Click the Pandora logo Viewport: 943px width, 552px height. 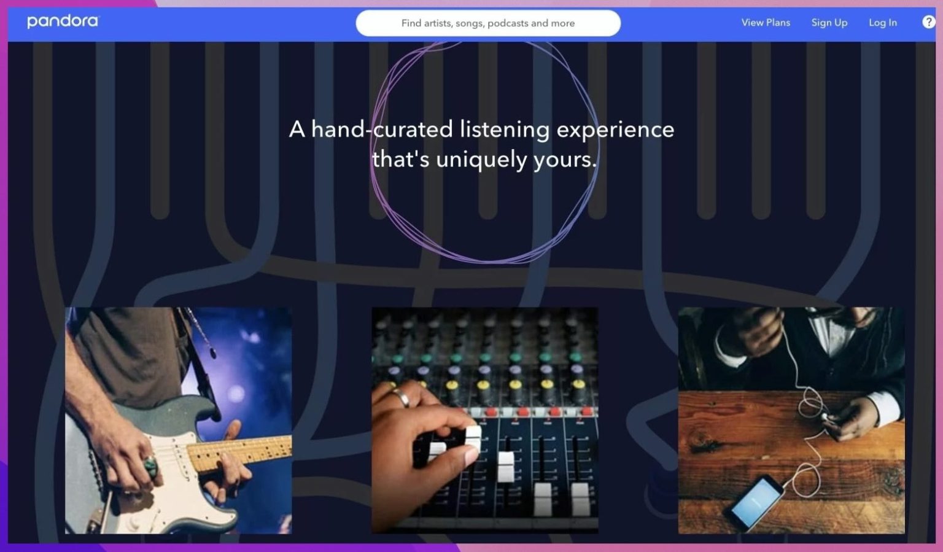[63, 21]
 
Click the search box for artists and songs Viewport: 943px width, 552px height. [488, 23]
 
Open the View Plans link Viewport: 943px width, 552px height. [766, 23]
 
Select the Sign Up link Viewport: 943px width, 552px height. [829, 23]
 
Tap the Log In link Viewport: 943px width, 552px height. [882, 23]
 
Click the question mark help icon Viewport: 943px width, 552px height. [928, 22]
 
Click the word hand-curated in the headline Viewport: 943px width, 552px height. [382, 129]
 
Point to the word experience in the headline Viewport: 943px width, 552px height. [615, 130]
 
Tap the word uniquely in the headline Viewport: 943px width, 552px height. [481, 160]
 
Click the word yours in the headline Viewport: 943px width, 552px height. [565, 160]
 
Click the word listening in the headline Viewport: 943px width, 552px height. [504, 130]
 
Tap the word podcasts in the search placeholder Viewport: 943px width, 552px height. [508, 23]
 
